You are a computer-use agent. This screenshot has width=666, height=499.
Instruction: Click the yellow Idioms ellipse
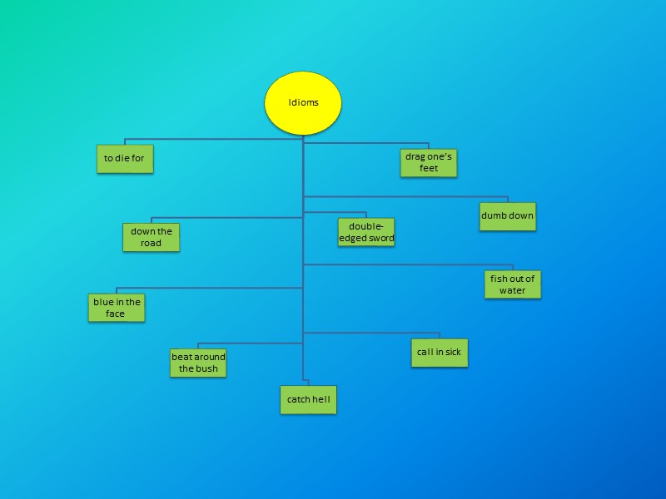click(x=303, y=102)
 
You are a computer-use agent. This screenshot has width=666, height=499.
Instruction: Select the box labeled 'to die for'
click(x=125, y=158)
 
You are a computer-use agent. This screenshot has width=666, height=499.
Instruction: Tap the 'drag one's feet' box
click(x=429, y=162)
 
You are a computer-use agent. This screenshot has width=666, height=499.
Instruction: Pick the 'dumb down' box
click(x=507, y=216)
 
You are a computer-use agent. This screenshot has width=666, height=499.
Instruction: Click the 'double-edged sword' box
click(x=366, y=232)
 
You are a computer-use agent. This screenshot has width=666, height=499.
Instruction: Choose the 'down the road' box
click(x=152, y=237)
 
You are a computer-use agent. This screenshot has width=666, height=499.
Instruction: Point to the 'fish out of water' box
click(x=513, y=284)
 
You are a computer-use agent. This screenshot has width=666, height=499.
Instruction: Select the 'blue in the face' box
click(x=117, y=308)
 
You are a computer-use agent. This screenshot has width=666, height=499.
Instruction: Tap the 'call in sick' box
click(x=439, y=352)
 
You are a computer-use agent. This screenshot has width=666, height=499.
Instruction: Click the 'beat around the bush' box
click(x=198, y=363)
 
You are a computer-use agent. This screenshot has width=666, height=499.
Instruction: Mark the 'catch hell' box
click(x=308, y=400)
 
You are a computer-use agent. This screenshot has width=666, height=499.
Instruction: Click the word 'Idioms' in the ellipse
click(x=303, y=103)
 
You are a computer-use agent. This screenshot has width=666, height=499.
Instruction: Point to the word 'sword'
click(x=380, y=238)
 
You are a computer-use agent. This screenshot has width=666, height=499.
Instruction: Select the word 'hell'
click(x=321, y=400)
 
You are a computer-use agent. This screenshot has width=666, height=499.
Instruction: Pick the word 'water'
click(x=513, y=290)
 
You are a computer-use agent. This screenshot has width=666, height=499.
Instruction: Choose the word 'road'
click(x=152, y=243)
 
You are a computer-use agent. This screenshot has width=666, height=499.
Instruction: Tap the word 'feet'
click(x=429, y=168)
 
